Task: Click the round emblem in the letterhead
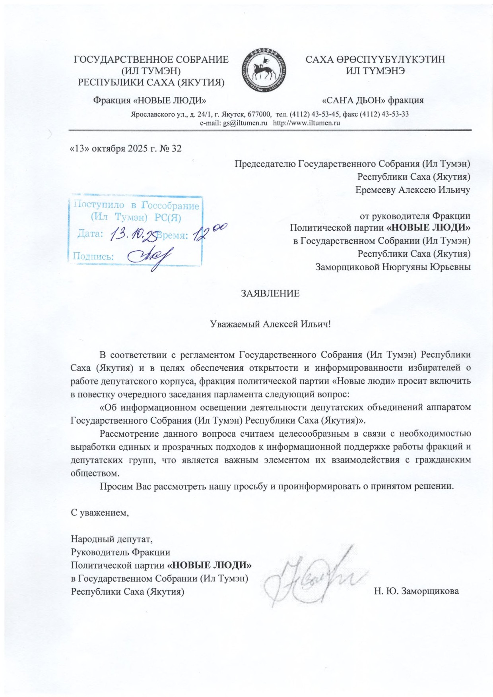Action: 264,70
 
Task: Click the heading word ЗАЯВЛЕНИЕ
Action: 270,294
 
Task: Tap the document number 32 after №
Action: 176,149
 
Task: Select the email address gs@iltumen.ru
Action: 245,123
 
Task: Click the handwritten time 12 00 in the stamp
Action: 209,232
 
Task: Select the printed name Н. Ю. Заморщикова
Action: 416,591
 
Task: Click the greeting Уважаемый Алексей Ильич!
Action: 270,324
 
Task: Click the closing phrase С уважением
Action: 100,513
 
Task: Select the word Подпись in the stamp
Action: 93,256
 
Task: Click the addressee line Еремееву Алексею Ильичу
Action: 413,190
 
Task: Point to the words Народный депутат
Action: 111,539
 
